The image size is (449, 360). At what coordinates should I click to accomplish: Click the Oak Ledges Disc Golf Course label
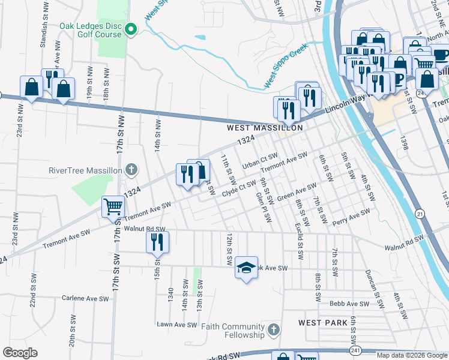(90, 30)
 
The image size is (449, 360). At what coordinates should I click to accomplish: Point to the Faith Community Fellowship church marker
(273, 330)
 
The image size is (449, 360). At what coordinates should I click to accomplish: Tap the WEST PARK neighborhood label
(323, 323)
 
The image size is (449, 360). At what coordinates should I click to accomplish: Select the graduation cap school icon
(246, 267)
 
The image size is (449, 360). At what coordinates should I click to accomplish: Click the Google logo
(20, 353)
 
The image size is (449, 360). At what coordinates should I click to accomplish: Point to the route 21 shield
(420, 214)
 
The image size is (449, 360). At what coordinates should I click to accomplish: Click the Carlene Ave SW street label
(86, 298)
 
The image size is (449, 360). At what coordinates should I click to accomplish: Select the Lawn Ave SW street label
(176, 325)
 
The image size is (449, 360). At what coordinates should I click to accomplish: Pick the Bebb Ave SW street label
(349, 304)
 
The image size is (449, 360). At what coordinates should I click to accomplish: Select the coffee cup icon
(441, 55)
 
